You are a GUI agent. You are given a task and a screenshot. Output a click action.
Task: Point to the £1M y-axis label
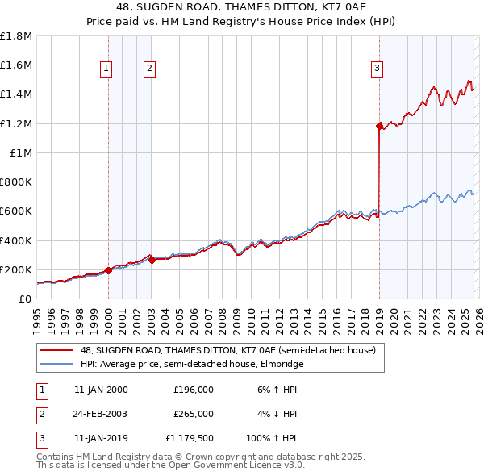click(x=20, y=152)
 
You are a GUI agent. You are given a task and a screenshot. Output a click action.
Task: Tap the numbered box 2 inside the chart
click(x=150, y=69)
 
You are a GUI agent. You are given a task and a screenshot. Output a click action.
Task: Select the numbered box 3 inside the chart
click(x=377, y=69)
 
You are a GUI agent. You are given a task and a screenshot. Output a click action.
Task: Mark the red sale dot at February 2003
click(x=152, y=260)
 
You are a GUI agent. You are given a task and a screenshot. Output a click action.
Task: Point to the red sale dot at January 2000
click(x=108, y=270)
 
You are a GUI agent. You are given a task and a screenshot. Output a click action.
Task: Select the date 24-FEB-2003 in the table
click(x=101, y=414)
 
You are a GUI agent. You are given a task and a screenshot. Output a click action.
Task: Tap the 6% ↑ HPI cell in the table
click(x=275, y=390)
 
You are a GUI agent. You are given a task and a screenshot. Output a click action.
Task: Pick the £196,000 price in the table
click(x=193, y=390)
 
